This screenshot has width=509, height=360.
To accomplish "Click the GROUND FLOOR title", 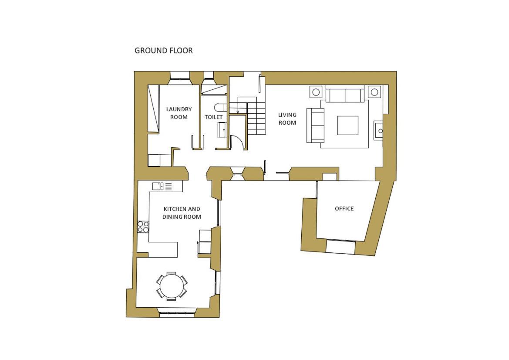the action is [164, 51].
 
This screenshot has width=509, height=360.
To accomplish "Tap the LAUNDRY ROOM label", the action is [179, 113].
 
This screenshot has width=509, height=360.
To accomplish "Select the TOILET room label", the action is [214, 117].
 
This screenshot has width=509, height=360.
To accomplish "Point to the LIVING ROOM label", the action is [287, 119].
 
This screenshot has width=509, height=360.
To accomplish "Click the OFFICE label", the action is [344, 209].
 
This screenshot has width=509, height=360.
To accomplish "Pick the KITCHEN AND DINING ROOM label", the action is [182, 213].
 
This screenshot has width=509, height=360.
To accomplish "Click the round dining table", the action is [172, 285].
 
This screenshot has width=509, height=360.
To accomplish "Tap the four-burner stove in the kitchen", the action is [143, 227].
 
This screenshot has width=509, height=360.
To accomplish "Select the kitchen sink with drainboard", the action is [162, 186].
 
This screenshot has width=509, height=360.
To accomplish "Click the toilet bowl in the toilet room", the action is [220, 107].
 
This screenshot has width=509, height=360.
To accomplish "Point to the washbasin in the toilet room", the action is [222, 130].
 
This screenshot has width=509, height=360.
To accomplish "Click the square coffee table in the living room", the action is [347, 126].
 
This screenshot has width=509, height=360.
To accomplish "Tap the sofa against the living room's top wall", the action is [345, 95].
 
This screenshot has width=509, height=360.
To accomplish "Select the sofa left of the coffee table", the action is [315, 126].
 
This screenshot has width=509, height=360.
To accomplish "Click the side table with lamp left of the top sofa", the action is [316, 92].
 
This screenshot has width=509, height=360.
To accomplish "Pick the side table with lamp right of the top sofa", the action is [374, 92].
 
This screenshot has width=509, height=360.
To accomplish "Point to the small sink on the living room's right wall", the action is [378, 130].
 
